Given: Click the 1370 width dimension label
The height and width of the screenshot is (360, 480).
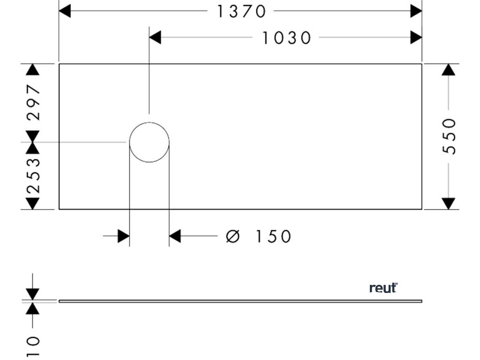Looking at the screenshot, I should click(x=241, y=11).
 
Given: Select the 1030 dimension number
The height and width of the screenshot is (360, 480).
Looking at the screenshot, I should click(x=286, y=38).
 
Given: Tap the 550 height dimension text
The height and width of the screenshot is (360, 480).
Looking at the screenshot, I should click(x=449, y=136).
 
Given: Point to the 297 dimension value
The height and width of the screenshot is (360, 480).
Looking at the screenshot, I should click(x=33, y=102).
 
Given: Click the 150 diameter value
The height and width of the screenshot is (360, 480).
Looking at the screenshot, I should click(x=273, y=236).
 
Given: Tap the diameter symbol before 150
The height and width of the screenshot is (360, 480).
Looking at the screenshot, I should click(x=232, y=236).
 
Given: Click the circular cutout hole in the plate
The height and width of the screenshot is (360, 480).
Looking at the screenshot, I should click(x=149, y=142).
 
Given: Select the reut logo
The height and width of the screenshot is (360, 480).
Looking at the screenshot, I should click(x=383, y=287).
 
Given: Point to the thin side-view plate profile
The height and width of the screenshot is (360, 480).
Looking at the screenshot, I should click(x=240, y=301).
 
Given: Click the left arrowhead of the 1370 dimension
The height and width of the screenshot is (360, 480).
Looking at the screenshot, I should click(x=65, y=11).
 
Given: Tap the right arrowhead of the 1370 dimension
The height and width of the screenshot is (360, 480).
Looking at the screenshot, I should click(x=416, y=11).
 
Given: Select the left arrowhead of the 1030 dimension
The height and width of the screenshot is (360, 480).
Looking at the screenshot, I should click(x=155, y=38).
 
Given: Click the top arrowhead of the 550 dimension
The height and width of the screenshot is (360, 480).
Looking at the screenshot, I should click(x=449, y=69).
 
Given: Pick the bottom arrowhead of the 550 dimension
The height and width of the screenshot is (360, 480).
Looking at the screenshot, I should click(x=449, y=203).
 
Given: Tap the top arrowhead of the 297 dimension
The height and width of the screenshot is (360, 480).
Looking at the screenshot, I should click(x=33, y=69).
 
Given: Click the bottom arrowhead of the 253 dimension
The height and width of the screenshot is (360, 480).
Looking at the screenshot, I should click(x=33, y=203).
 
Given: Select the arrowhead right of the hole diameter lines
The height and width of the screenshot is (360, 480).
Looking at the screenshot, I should click(x=175, y=236).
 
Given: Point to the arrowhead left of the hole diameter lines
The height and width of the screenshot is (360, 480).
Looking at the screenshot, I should click(x=124, y=236).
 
